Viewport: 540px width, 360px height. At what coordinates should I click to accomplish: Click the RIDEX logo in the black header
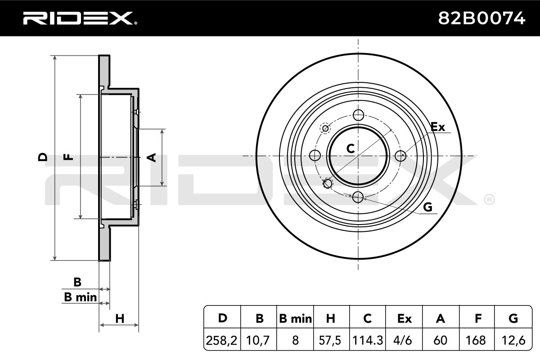[x=80, y=18]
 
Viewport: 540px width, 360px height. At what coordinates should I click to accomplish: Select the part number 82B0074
[x=481, y=18]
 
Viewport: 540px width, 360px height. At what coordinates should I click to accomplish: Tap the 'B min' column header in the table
[x=296, y=319]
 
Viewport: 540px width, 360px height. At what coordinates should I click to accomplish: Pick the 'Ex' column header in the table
[x=405, y=319]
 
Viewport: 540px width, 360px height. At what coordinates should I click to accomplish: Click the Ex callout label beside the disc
[x=437, y=127]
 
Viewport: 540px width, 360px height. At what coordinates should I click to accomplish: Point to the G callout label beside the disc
[x=427, y=207]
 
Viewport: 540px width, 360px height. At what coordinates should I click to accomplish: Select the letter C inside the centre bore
[x=351, y=148]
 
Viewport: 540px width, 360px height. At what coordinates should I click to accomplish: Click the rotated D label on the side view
[x=43, y=157]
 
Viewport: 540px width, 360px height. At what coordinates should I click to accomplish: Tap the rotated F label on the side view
[x=68, y=157]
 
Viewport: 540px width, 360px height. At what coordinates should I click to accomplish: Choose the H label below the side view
[x=120, y=319]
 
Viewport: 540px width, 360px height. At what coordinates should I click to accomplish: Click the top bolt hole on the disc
[x=359, y=115]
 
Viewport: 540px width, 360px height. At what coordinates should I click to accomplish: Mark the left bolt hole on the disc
[x=315, y=155]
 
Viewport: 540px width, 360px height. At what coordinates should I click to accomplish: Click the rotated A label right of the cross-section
[x=152, y=157]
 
